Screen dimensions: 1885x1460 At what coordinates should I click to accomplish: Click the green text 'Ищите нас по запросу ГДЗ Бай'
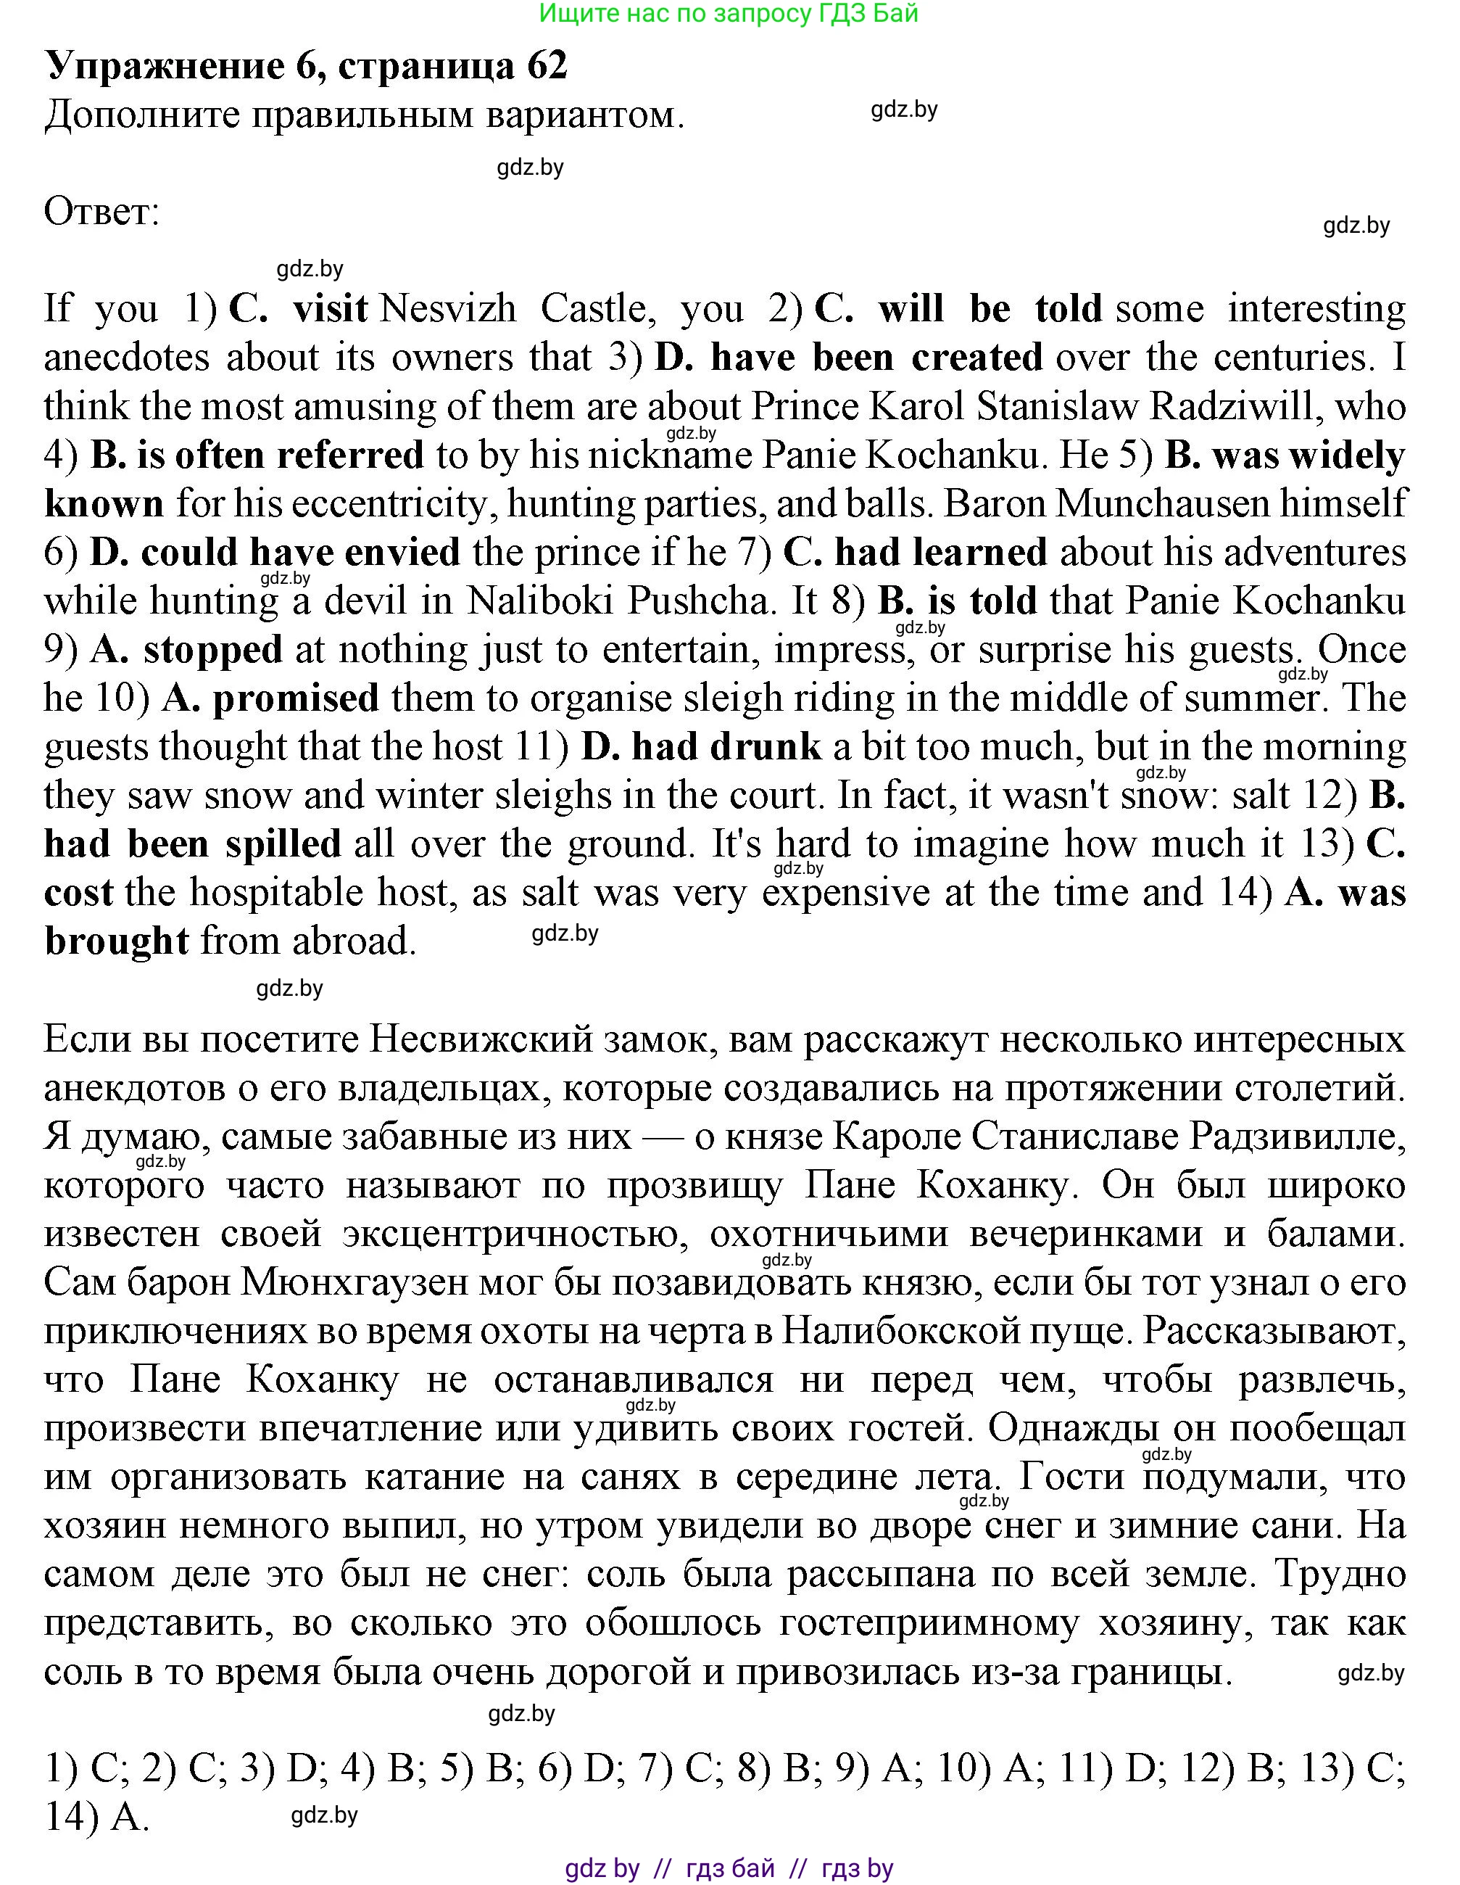tap(729, 13)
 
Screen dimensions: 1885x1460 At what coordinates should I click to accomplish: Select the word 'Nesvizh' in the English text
tap(448, 308)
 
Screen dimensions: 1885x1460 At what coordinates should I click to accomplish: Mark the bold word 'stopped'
tap(213, 649)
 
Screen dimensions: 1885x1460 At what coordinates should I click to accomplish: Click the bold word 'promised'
tap(296, 698)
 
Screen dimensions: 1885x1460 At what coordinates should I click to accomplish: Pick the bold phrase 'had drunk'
tap(726, 746)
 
